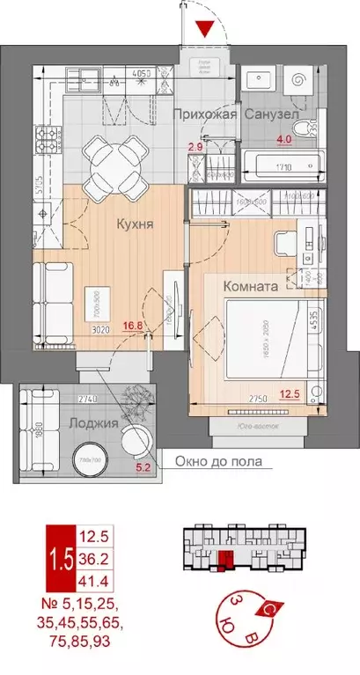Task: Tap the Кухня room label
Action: pos(136,224)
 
